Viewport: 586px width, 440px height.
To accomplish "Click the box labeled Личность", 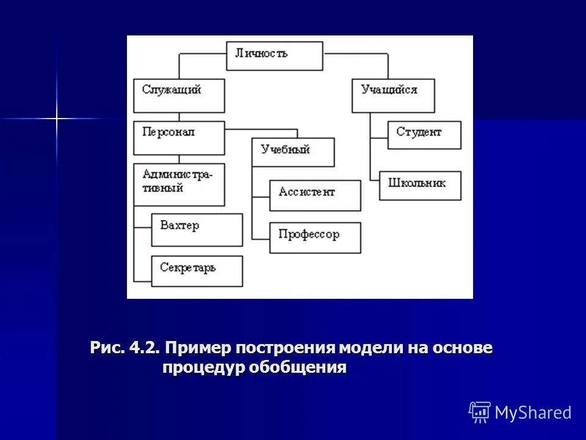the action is (274, 56).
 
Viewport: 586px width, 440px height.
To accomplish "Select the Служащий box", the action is (179, 95).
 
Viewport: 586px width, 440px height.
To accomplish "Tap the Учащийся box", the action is (393, 95).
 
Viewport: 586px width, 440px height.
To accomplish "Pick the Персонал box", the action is (179, 137).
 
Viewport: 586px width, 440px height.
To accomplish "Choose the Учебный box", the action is (293, 152).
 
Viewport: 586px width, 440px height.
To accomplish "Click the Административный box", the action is (179, 184).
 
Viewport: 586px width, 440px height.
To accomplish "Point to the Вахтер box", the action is (197, 230).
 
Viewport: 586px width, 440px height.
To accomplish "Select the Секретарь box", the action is (197, 271).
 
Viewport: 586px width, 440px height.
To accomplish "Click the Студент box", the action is (424, 135).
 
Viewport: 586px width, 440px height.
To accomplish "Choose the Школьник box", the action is (420, 186).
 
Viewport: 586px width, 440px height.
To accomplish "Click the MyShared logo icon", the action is (480, 413).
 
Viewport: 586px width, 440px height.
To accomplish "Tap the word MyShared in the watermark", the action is (533, 413).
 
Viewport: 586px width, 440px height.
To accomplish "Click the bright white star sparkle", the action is (57, 117).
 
